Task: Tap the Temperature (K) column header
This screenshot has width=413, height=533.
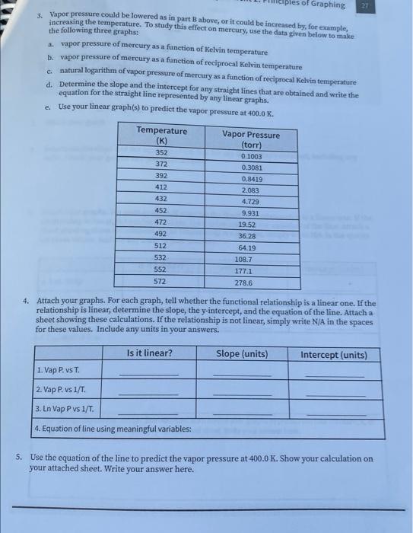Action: point(161,136)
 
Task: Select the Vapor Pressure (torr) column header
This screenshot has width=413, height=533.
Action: point(251,139)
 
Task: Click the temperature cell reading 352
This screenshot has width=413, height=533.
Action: point(161,152)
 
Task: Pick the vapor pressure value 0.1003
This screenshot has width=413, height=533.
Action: point(251,156)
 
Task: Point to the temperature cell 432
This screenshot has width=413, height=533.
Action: point(161,198)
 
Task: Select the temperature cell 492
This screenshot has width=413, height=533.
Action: point(161,234)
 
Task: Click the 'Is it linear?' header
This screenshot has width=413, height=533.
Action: point(149,353)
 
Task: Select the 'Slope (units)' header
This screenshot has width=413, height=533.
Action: point(242,354)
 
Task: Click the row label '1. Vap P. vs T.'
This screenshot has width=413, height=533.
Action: point(58,371)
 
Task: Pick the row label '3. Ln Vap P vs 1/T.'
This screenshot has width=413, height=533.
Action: point(66,410)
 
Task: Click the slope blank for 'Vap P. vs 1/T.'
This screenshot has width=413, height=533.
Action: point(242,393)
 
